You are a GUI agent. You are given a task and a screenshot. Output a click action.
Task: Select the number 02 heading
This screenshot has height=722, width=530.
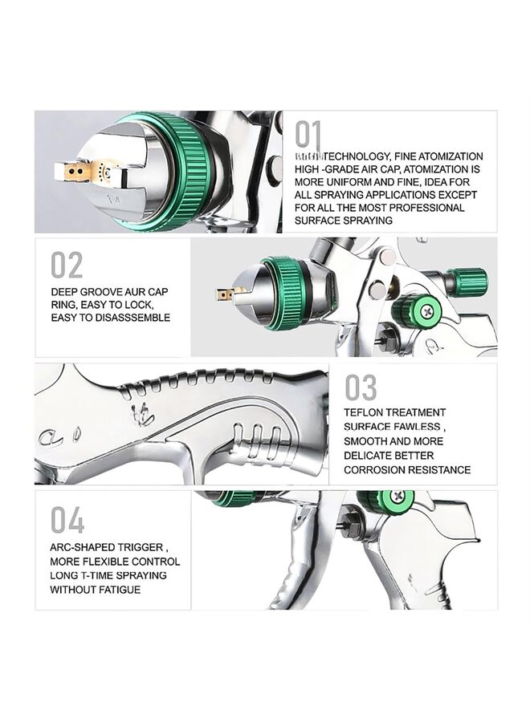click(67, 265)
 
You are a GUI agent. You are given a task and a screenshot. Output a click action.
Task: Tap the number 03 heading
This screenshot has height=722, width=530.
click(361, 387)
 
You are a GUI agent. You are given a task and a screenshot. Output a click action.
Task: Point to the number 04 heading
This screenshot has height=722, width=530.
click(67, 521)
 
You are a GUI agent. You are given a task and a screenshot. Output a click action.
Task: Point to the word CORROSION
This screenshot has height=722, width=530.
click(376, 469)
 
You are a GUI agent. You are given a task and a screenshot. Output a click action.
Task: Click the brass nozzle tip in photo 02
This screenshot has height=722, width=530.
click(227, 294)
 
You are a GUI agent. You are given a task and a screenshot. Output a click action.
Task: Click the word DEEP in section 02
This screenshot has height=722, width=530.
click(65, 292)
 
